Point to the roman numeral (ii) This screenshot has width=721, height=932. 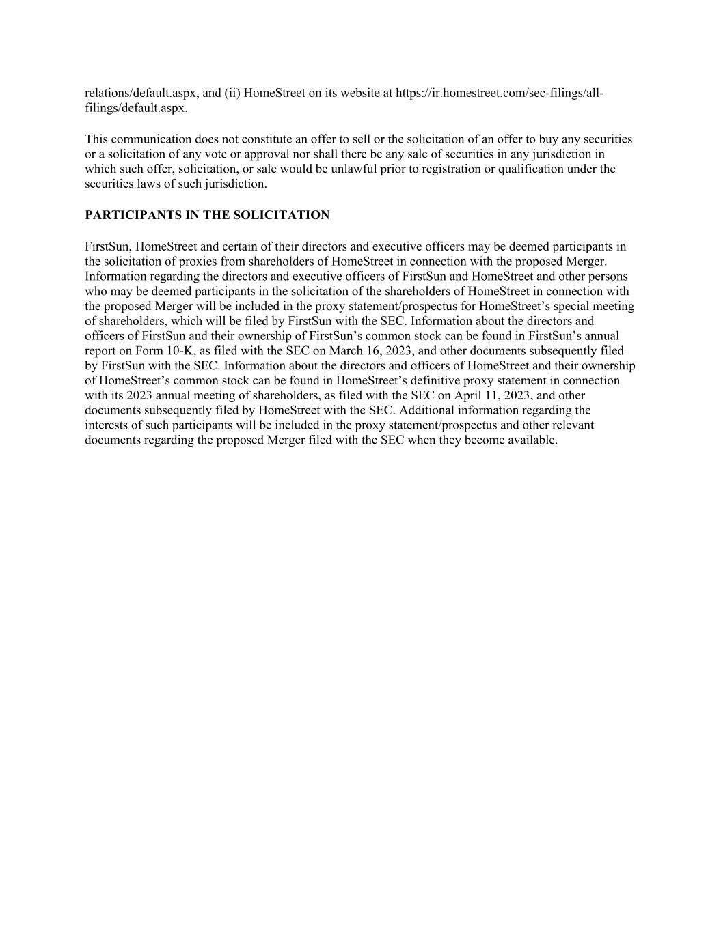click(x=232, y=93)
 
